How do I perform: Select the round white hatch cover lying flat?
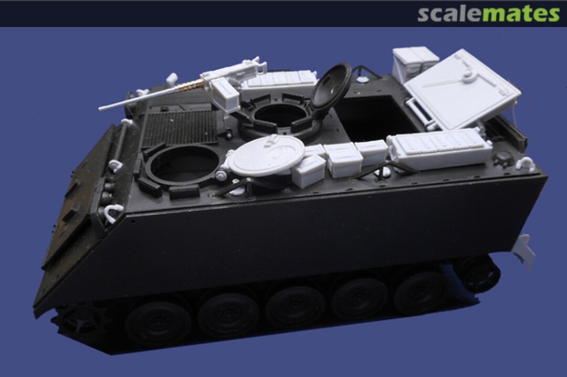tap(267, 155)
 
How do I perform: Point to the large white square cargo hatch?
tap(462, 89)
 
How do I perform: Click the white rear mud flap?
tap(525, 252)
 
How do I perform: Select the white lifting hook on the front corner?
tap(114, 212)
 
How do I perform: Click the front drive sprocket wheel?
tap(79, 318)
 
